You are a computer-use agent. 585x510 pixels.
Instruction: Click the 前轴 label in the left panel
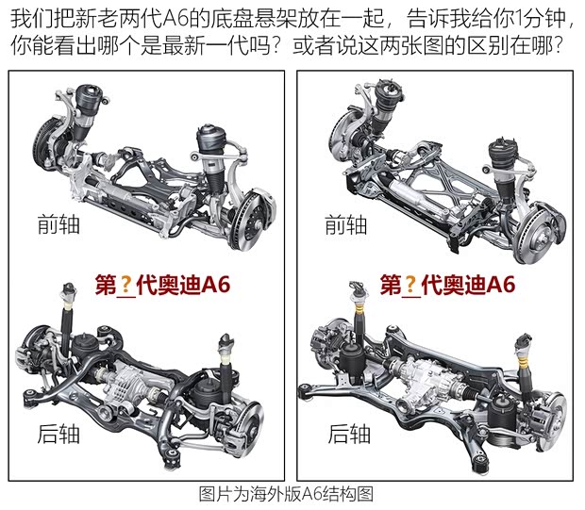pos(58,224)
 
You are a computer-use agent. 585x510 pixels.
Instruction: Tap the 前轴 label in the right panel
pos(345,224)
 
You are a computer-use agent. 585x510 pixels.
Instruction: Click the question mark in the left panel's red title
pos(124,285)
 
